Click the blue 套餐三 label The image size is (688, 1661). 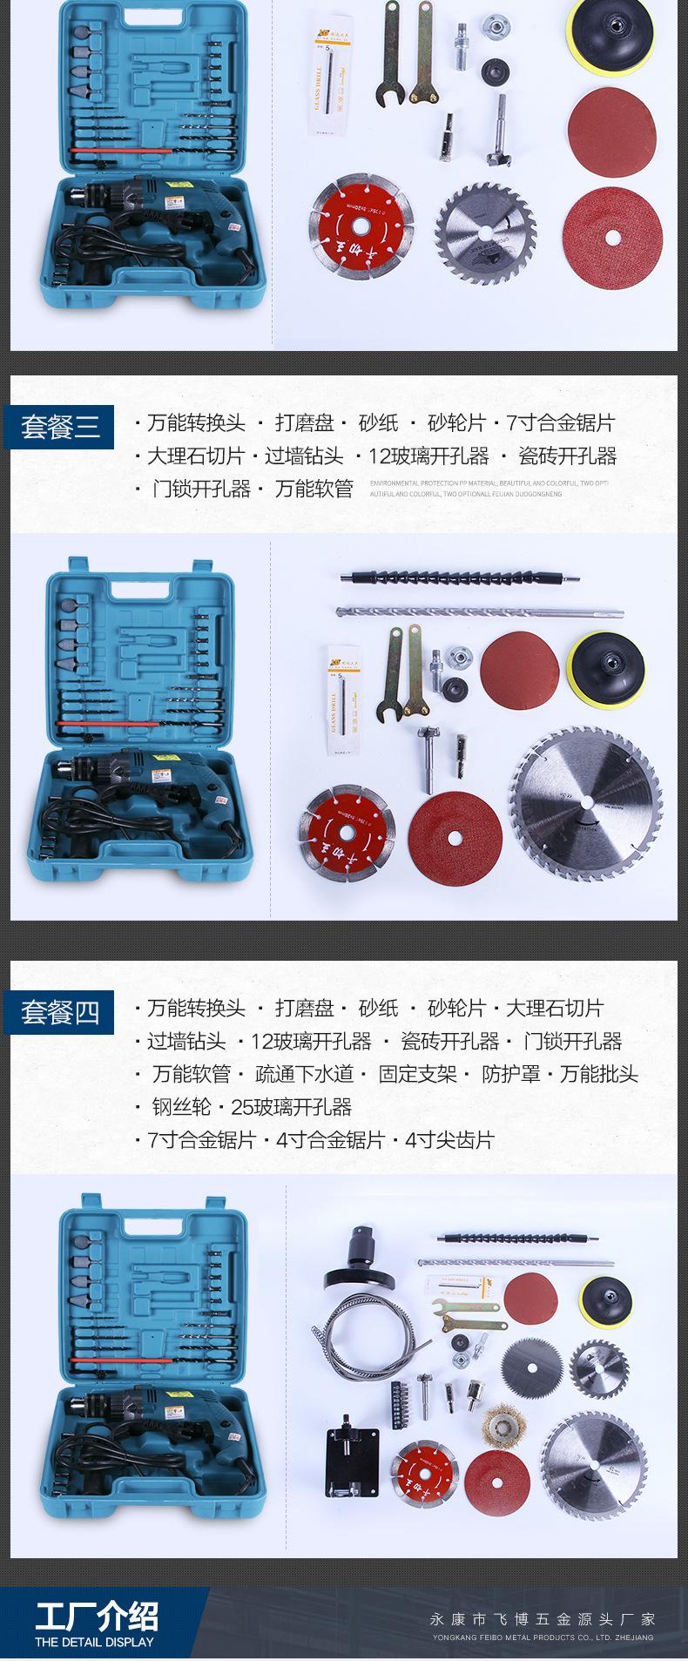pos(59,426)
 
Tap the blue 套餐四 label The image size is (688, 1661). pos(59,1011)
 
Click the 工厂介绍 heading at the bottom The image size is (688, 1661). pos(97,1617)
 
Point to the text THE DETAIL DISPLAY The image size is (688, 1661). pos(94,1641)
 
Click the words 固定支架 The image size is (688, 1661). pos(417,1074)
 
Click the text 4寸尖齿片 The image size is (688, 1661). pos(449,1140)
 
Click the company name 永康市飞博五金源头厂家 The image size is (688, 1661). pos(542,1619)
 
